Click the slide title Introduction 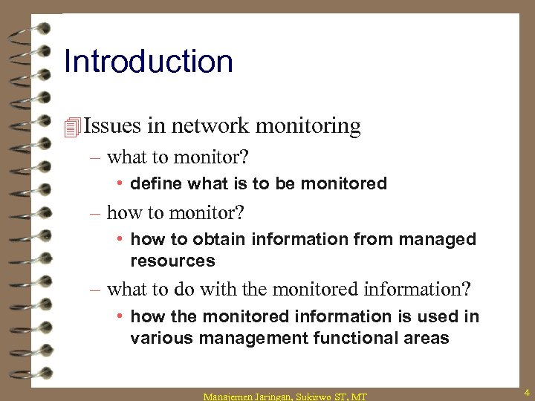149,61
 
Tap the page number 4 525,391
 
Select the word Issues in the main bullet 111,126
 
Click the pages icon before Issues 72,127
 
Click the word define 156,183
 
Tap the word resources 172,261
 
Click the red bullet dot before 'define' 120,183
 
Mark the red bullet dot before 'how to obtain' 120,239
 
